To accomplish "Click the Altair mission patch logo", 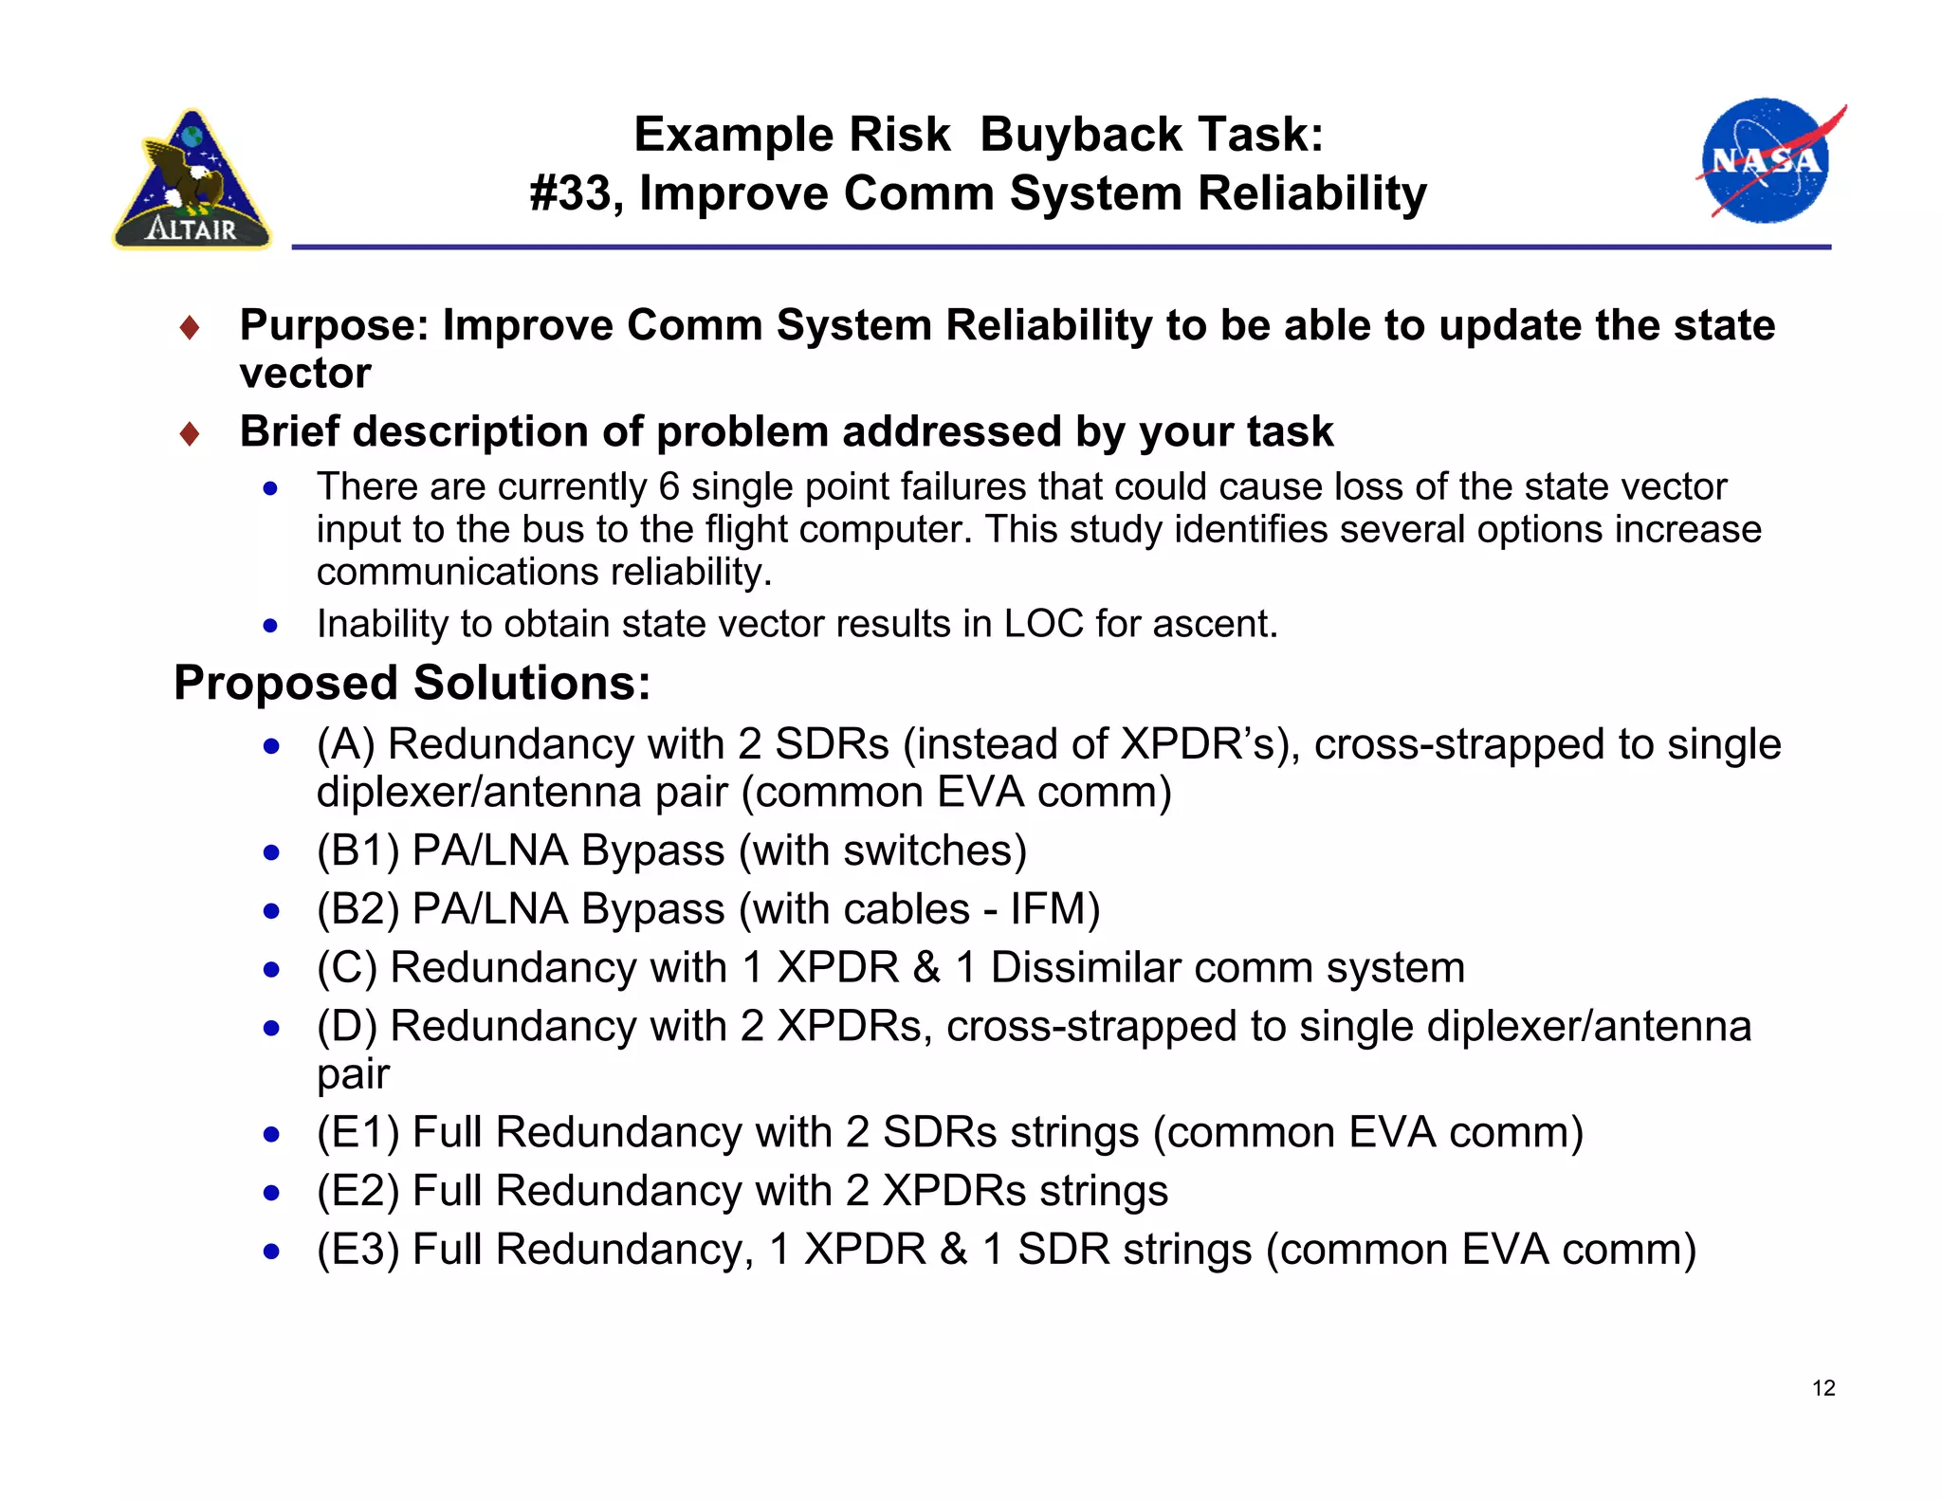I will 192,180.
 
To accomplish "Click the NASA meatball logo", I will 1765,161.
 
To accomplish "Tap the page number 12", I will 1823,1388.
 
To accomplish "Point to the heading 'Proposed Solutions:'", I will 412,683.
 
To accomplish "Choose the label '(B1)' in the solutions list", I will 357,851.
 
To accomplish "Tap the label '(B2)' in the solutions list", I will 357,909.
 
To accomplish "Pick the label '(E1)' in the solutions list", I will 357,1133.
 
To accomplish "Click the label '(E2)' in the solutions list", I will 357,1191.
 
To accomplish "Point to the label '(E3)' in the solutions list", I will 357,1250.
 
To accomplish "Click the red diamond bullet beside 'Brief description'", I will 190,434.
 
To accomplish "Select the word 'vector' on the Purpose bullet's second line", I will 304,374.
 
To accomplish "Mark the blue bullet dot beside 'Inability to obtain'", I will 271,626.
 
